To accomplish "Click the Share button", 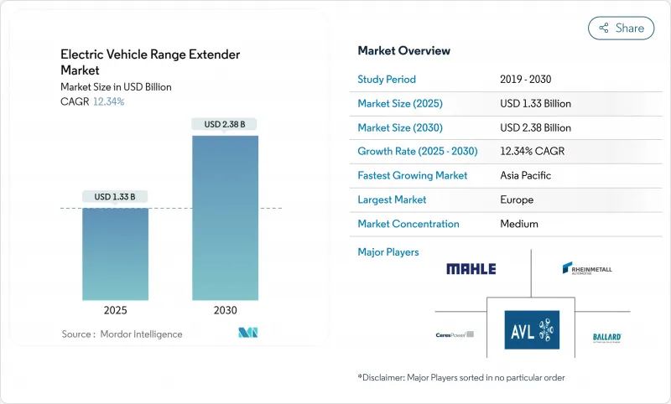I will coord(621,28).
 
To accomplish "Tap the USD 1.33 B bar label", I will coord(115,197).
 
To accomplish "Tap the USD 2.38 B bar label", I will coord(226,124).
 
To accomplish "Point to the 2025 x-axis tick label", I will coord(115,309).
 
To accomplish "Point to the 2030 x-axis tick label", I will coord(226,309).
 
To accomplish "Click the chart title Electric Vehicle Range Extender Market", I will coord(150,63).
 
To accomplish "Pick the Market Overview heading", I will coord(404,51).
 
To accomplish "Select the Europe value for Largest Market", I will coord(517,200).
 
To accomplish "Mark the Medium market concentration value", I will coord(518,224).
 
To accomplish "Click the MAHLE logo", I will coord(471,269).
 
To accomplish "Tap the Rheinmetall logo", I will coord(587,269).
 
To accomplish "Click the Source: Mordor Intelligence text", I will coord(121,334).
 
